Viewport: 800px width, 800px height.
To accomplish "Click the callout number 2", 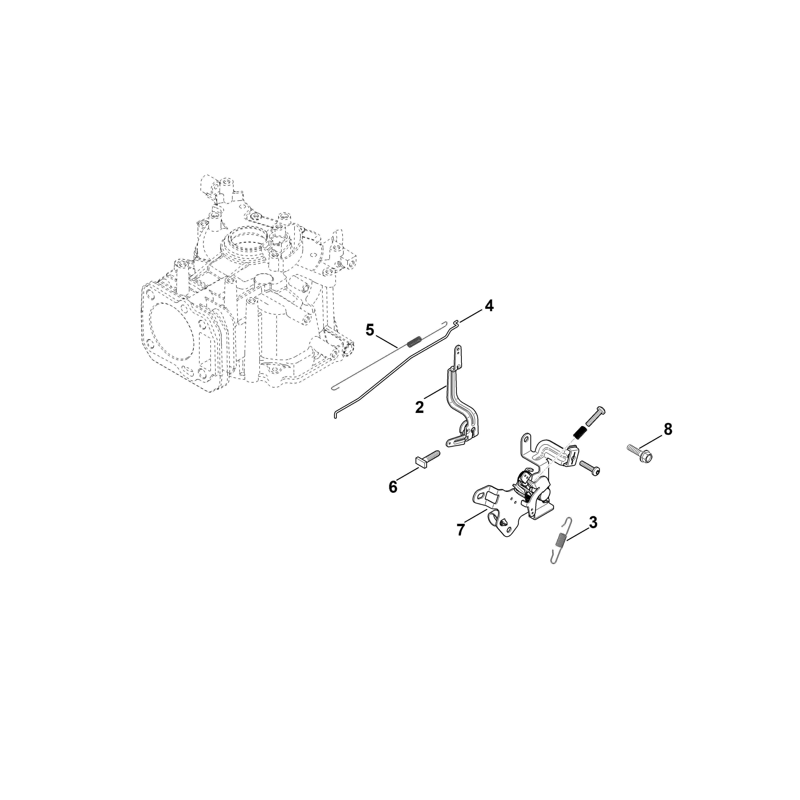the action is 419,408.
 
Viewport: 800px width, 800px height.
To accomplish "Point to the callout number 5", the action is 370,330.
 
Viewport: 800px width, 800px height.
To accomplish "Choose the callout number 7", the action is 460,530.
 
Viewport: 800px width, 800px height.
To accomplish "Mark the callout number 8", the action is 668,429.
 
